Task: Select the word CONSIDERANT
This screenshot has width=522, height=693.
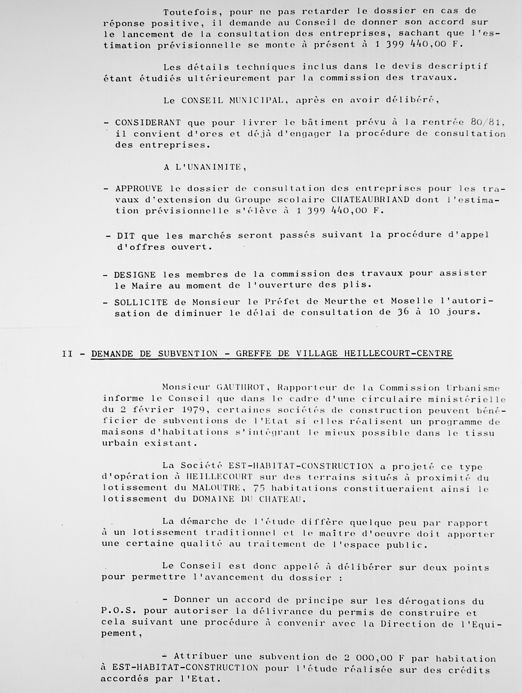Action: click(x=148, y=123)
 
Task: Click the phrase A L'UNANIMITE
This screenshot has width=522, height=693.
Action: click(x=205, y=167)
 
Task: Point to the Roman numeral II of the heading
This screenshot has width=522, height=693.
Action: click(x=67, y=354)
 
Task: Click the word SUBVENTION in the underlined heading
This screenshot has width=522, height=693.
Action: click(x=188, y=354)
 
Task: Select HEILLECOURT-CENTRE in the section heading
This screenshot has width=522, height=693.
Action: click(x=398, y=354)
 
